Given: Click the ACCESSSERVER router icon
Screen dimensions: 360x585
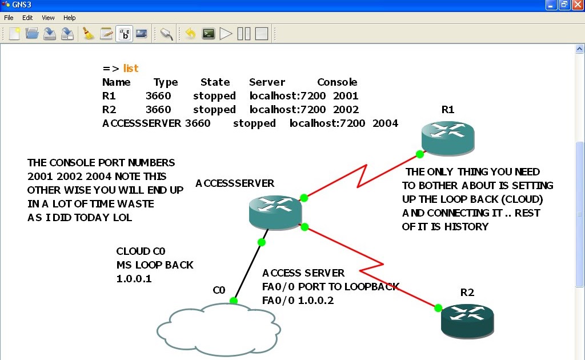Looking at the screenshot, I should click(275, 211).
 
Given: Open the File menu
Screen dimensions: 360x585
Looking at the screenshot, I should click(9, 18).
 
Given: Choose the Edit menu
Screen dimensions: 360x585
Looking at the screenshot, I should click(27, 18).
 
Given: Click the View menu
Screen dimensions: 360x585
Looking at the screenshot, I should click(48, 18).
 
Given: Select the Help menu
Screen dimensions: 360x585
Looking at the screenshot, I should click(69, 18).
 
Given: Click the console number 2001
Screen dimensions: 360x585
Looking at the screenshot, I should click(346, 96).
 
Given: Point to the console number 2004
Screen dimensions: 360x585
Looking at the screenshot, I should click(385, 123).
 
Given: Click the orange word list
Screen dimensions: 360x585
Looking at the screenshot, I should click(131, 69).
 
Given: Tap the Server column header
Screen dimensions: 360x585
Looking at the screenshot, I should click(267, 82).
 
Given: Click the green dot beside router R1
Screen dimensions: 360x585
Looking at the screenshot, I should click(420, 154).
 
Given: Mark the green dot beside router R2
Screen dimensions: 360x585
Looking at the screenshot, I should click(438, 308).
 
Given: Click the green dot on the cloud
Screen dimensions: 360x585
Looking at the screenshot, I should click(234, 301).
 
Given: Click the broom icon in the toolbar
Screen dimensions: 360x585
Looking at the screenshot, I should click(88, 33).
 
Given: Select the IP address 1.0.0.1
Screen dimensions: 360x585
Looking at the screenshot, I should click(134, 279).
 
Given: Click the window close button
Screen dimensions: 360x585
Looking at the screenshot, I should click(576, 5).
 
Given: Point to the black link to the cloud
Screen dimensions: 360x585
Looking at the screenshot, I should click(248, 271).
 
